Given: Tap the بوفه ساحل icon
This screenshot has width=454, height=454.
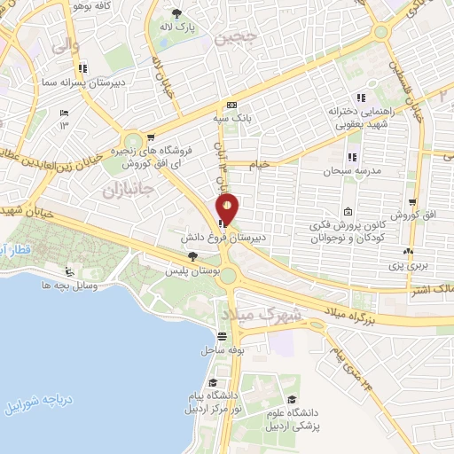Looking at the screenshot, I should pyautogui.click(x=222, y=337).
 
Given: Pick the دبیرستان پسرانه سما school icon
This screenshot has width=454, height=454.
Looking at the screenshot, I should pyautogui.click(x=82, y=67).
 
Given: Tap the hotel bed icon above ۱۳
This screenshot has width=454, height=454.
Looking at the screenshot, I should pyautogui.click(x=63, y=113).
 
